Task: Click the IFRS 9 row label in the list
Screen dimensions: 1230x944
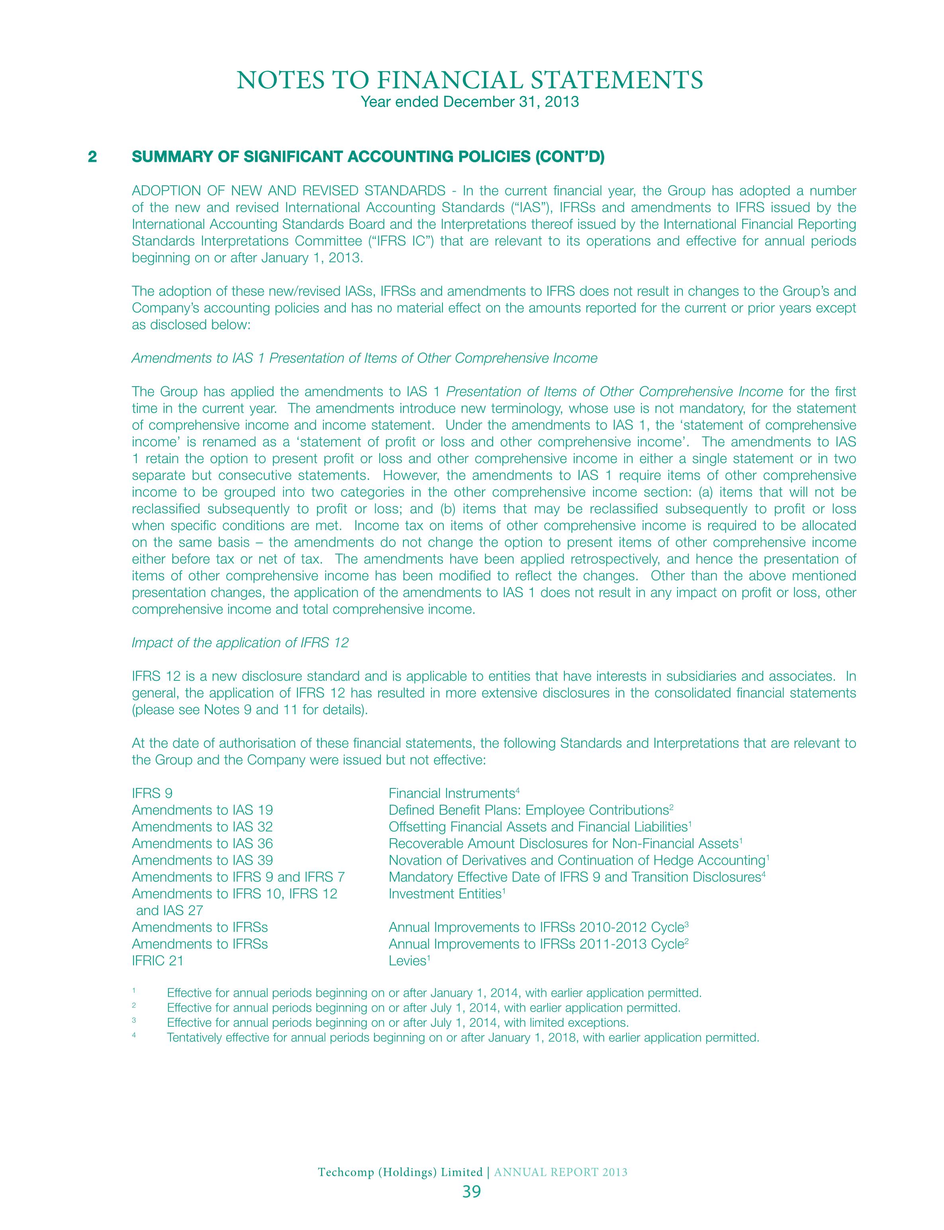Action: tap(152, 793)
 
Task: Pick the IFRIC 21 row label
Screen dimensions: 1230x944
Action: tap(157, 961)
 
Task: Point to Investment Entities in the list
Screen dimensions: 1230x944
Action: tap(443, 894)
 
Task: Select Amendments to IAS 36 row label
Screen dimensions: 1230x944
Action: tap(202, 843)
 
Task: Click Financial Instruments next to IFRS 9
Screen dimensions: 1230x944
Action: tap(452, 793)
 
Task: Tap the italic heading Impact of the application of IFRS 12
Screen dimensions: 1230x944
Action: tap(240, 643)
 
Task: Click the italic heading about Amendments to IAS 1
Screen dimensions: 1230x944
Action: tap(364, 358)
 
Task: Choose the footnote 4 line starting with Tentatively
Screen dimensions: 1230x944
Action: tap(462, 1038)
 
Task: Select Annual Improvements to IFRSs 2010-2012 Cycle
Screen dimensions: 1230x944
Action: tap(535, 927)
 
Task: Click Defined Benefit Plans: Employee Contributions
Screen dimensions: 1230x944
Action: tap(528, 810)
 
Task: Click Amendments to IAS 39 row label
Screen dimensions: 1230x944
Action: tap(202, 860)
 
